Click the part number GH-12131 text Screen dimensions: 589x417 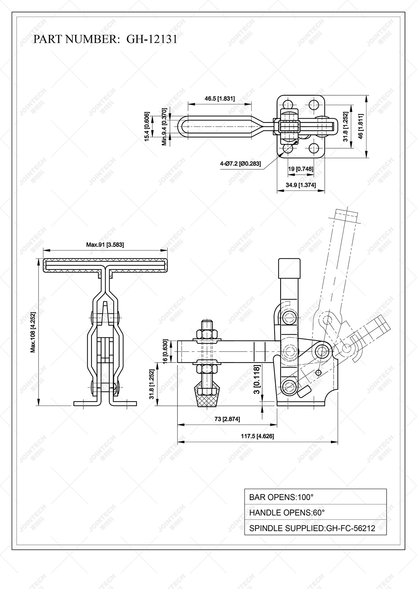105,39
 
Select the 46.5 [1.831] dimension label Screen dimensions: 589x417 219,99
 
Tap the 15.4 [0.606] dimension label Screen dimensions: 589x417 147,127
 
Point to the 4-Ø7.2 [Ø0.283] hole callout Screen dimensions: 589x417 240,164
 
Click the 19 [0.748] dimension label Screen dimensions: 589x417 300,169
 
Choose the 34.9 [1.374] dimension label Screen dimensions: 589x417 300,185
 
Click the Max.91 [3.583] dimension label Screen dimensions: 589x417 105,244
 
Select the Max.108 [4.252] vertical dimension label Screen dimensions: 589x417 33,332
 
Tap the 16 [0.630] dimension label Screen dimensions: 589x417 165,351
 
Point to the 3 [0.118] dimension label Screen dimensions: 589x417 257,380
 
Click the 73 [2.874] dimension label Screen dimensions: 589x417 227,419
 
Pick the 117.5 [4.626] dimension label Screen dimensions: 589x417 257,436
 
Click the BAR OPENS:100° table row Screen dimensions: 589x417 315,497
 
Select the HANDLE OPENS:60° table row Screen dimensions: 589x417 315,512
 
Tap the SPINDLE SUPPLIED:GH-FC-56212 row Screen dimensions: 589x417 315,528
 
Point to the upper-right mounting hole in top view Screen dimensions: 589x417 313,104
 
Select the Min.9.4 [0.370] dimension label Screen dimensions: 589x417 164,127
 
